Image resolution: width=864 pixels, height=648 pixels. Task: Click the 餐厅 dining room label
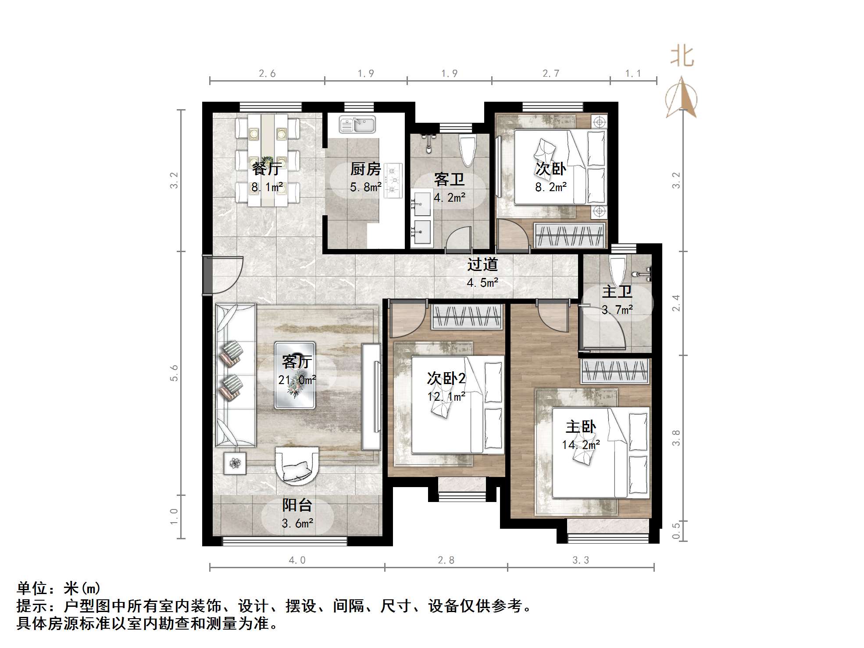[x=267, y=169]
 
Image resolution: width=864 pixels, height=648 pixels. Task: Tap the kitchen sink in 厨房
[x=357, y=125]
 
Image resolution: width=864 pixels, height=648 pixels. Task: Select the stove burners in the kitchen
[x=393, y=180]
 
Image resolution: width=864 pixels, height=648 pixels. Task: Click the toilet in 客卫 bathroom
[x=467, y=149]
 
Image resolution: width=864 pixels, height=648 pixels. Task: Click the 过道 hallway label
[x=482, y=265]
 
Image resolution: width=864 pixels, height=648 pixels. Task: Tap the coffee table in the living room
[x=295, y=375]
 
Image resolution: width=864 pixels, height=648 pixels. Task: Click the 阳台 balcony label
[x=297, y=505]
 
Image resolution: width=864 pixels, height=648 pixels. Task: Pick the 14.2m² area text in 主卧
[x=581, y=445]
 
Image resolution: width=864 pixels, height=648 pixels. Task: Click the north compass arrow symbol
[x=681, y=97]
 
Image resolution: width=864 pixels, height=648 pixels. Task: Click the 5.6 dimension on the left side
[x=174, y=373]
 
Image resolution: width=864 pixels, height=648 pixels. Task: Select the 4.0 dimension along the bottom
[x=297, y=560]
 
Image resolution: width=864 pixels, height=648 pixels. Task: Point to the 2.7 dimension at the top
[x=550, y=74]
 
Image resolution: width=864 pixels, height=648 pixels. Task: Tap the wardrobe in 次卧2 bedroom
[x=467, y=317]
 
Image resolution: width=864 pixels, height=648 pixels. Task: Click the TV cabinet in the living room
[x=371, y=397]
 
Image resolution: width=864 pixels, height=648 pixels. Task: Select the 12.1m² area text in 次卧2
[x=446, y=397]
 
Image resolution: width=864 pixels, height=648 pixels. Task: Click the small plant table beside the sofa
[x=235, y=463]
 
